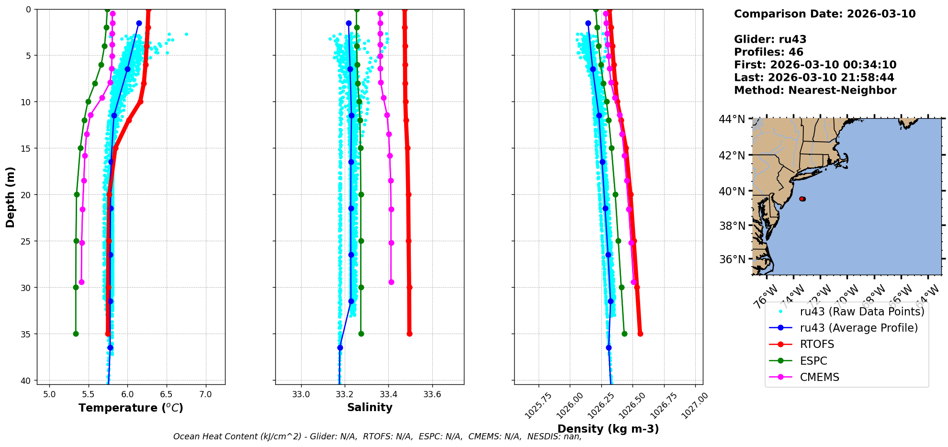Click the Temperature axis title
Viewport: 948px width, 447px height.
click(131, 408)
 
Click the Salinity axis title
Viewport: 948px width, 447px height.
click(370, 408)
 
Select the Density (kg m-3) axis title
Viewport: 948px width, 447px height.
click(608, 429)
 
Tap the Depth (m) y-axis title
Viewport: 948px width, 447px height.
click(11, 197)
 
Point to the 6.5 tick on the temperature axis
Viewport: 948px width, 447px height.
click(167, 394)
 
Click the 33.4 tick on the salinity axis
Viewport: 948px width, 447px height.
click(388, 394)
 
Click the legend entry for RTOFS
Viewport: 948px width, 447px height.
click(817, 345)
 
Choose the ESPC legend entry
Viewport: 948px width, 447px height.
click(813, 361)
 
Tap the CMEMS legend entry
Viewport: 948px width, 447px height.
click(819, 377)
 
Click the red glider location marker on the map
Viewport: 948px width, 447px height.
click(802, 199)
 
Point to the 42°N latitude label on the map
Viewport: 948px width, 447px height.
click(732, 156)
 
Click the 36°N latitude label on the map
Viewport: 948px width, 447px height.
click(732, 259)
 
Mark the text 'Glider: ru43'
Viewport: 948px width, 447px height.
click(770, 40)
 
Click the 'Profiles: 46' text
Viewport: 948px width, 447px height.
click(768, 52)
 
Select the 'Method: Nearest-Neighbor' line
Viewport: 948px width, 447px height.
click(815, 90)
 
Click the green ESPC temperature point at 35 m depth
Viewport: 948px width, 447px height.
click(76, 334)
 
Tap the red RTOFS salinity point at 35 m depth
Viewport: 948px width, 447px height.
click(409, 334)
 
